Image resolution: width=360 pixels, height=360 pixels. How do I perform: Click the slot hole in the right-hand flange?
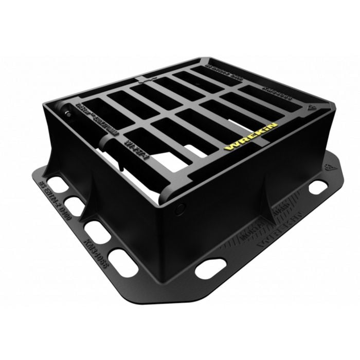click(x=317, y=187)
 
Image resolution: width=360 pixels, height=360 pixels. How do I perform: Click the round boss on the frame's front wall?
click(x=180, y=209)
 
